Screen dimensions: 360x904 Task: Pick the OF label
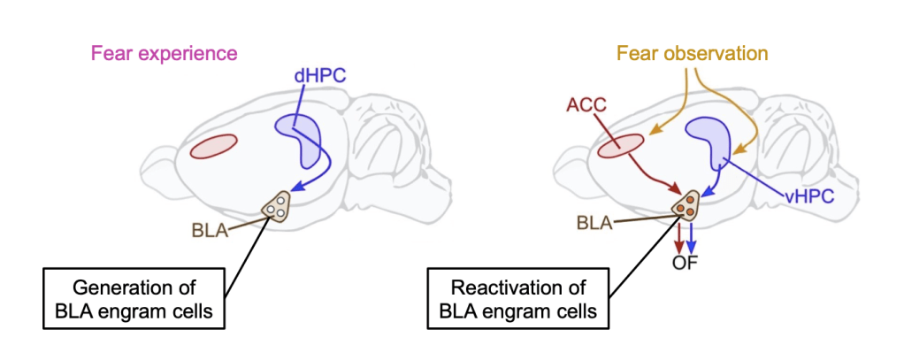point(687,262)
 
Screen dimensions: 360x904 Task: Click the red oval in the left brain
point(214,147)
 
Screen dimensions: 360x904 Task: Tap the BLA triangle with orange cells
point(685,207)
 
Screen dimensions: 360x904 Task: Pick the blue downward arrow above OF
point(693,237)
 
